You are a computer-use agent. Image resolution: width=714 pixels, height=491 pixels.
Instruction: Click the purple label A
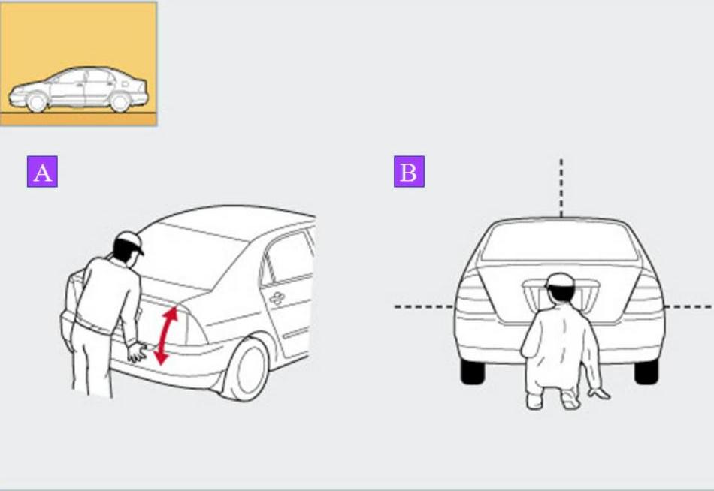point(42,172)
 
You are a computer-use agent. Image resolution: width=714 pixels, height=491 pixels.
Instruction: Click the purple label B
point(409,172)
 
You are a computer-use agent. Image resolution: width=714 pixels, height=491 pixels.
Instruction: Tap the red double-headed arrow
point(166,336)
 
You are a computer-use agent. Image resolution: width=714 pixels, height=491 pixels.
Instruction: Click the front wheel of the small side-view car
point(37,102)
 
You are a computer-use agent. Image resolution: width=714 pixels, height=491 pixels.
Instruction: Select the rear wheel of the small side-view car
point(120,102)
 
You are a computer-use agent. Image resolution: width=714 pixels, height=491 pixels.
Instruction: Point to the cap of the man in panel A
point(130,242)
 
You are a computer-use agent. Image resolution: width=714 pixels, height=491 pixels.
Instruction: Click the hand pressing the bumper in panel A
point(137,352)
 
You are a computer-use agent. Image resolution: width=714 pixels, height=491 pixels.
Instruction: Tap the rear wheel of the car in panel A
point(247,369)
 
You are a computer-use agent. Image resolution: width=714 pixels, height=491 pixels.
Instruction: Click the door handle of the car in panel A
point(277,298)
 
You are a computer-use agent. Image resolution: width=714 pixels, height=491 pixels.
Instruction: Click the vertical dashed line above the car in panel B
point(561,188)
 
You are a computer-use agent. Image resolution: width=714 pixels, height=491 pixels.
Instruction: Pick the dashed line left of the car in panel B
point(424,307)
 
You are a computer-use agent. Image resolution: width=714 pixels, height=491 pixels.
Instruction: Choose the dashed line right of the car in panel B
point(688,307)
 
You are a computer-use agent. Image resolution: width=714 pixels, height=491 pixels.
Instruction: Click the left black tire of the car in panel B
point(473,371)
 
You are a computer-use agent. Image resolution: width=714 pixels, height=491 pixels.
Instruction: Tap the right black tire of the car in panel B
point(646,371)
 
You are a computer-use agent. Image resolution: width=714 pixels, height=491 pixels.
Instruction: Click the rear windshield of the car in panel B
point(560,242)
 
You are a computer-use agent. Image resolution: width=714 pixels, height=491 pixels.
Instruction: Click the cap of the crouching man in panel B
point(560,280)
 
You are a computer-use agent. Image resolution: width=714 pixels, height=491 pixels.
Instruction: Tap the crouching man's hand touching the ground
point(599,393)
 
